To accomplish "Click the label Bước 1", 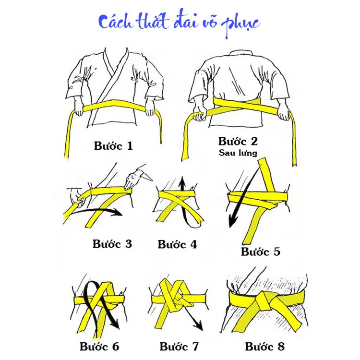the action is point(113,145).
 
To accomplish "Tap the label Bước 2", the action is point(238,141).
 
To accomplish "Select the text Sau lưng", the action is point(238,153).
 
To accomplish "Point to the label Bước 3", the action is point(112,243).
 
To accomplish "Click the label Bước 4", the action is point(177,244).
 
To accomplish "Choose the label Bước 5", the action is point(261,252).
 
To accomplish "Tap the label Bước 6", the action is point(99,346).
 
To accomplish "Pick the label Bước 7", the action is point(179,346).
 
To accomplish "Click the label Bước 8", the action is point(264,346).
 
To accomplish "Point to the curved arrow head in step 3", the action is point(118,213).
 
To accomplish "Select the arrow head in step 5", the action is point(232,222).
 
